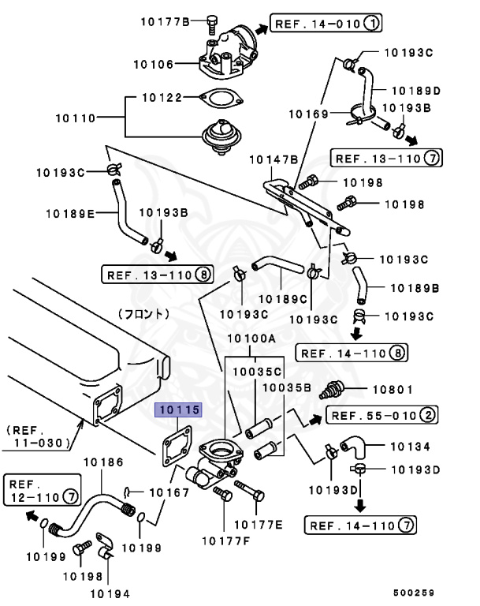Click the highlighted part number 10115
[x=178, y=410]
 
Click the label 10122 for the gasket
[x=162, y=98]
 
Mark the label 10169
[x=307, y=114]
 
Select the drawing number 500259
[x=415, y=590]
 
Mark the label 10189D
[x=415, y=90]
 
